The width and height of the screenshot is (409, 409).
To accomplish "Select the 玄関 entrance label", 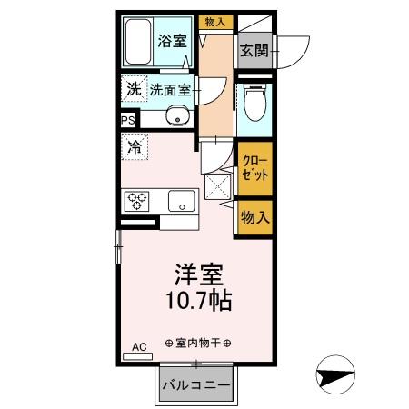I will (x=254, y=51).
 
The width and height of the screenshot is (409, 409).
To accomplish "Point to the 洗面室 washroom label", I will (x=170, y=90).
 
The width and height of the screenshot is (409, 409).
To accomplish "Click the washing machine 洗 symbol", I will (x=134, y=90).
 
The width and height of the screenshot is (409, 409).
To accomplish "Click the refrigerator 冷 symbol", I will (x=135, y=145).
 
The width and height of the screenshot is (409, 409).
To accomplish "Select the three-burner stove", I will (x=139, y=200).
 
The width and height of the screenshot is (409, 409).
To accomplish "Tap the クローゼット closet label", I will (x=254, y=167).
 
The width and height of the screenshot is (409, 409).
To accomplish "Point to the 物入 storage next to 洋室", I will (x=254, y=218).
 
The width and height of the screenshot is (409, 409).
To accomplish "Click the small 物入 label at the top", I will (x=215, y=21).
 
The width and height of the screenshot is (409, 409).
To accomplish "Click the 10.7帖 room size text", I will (x=197, y=301).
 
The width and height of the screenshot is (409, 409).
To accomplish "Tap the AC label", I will (x=139, y=347).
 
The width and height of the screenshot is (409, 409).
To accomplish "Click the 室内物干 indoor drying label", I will (x=198, y=343).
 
